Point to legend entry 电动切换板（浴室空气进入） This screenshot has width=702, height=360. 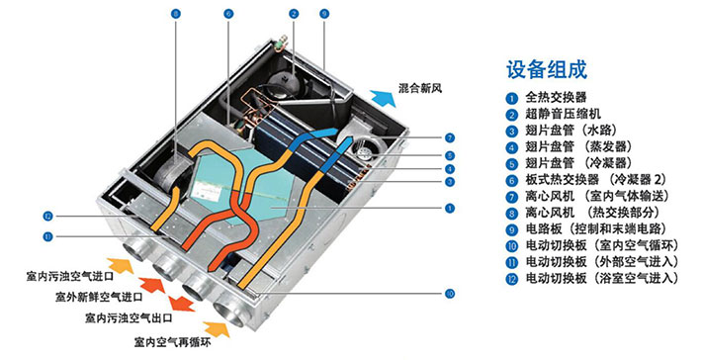(x=601, y=279)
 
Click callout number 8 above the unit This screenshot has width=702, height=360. (x=176, y=14)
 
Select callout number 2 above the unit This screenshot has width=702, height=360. (x=294, y=14)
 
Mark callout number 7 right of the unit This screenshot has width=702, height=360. (x=449, y=137)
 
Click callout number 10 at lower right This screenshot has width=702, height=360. (x=449, y=293)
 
